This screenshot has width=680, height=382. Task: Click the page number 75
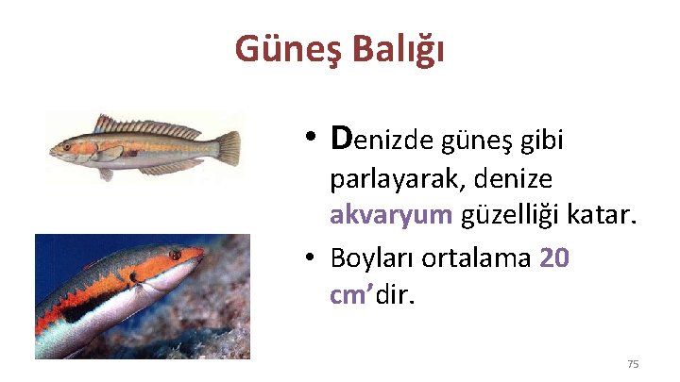point(633,364)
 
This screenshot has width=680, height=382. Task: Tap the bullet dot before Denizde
point(311,141)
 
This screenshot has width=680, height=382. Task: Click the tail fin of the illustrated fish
point(227,146)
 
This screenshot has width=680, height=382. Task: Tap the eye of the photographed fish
point(175,255)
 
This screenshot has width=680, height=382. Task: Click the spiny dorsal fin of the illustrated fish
point(142,125)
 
